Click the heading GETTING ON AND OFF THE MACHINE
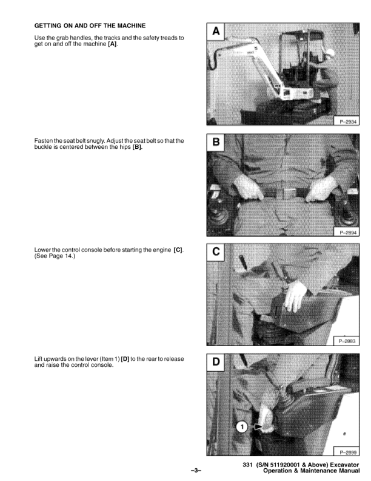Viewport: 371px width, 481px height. coord(90,26)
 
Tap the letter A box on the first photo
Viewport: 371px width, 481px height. coord(216,32)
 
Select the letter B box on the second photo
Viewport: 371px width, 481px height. coord(216,142)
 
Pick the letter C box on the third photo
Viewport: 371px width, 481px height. coord(216,252)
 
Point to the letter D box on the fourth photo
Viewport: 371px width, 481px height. coord(216,363)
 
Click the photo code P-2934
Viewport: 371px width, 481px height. coord(348,122)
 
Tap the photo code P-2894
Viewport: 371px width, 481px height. coord(348,233)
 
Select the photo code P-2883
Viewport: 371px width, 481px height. coord(347,341)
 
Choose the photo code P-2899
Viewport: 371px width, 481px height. coord(348,452)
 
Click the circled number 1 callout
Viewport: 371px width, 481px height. coord(242,427)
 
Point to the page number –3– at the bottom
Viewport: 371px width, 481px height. coord(196,470)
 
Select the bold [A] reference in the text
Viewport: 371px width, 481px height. coord(112,44)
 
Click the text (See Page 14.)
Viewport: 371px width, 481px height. coord(55,256)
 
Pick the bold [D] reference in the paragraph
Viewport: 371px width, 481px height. coord(125,359)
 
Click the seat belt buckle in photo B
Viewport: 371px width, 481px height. coord(287,194)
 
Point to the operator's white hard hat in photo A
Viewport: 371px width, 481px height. coord(330,52)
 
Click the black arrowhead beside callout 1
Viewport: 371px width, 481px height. coord(259,427)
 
